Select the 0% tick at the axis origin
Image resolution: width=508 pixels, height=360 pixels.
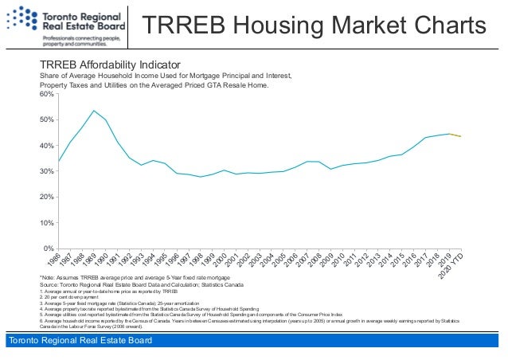point(47,248)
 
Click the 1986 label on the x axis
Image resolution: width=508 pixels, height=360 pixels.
point(54,260)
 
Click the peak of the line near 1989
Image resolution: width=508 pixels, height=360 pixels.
point(94,111)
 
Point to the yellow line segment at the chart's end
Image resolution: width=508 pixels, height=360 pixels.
point(456,135)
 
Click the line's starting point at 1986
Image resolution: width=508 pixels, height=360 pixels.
point(58,162)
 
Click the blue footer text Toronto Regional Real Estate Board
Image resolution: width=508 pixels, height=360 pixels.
point(80,342)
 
